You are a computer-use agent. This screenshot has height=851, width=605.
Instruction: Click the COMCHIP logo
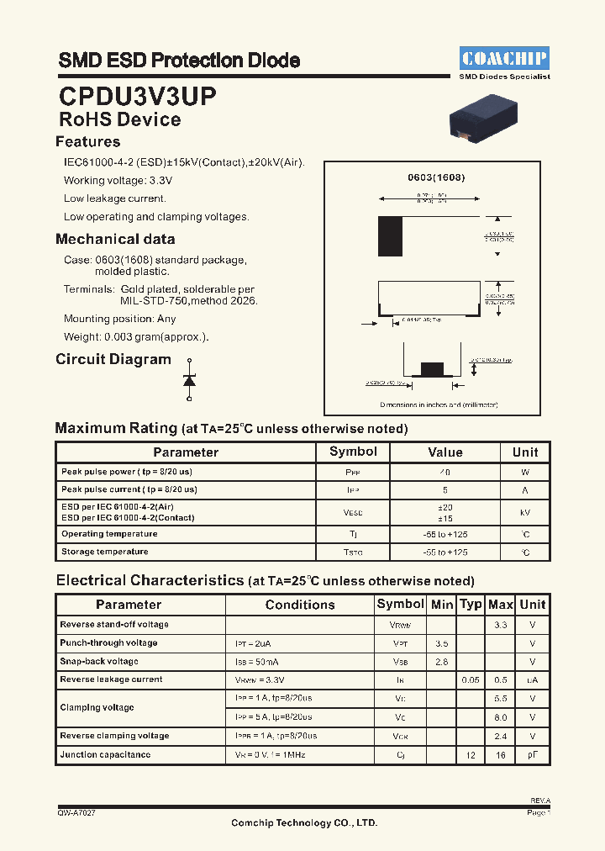(504, 58)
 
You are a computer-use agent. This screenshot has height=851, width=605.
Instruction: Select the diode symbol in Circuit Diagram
(189, 381)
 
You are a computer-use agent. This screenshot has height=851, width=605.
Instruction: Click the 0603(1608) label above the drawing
(436, 177)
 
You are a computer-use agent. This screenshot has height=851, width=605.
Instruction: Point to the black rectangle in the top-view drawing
(390, 236)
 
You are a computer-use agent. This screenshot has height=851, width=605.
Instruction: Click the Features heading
(88, 142)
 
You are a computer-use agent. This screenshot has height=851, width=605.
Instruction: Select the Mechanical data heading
(115, 240)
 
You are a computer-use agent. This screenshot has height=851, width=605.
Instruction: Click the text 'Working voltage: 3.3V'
(118, 181)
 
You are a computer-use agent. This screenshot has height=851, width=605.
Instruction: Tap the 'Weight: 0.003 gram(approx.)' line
(136, 337)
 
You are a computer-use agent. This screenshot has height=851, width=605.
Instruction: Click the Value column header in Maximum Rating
(445, 452)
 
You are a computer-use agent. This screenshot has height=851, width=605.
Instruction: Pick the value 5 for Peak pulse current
(445, 489)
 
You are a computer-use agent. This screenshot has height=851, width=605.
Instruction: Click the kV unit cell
(525, 512)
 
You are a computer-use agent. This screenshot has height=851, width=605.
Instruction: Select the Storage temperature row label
(105, 552)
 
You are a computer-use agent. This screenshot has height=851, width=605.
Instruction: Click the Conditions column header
(300, 605)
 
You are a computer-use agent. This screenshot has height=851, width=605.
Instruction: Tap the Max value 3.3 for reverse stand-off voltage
(500, 625)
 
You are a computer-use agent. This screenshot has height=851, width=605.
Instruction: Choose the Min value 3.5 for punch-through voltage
(442, 643)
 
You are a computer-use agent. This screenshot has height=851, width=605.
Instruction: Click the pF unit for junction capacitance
(532, 755)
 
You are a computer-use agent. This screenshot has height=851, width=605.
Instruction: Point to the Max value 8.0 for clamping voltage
(500, 717)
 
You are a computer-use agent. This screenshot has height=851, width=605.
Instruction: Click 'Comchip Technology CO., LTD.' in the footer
(304, 823)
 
